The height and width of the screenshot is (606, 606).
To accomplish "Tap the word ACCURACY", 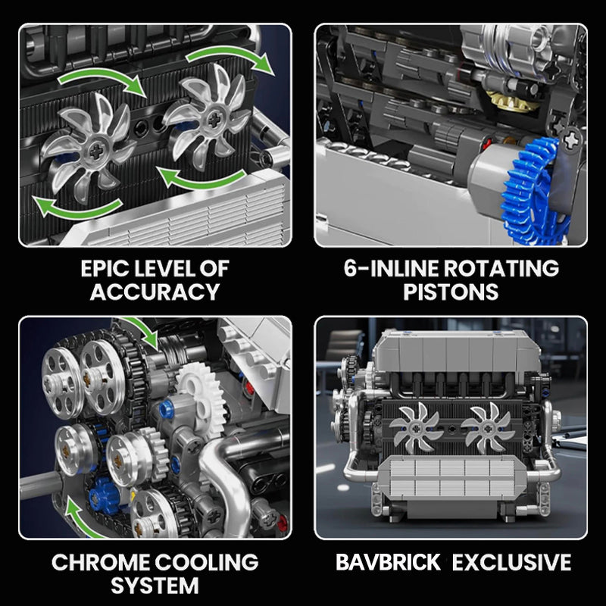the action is click(155, 292).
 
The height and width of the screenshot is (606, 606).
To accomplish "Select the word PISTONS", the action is click(451, 292).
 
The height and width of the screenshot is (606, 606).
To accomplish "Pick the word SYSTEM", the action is click(155, 586).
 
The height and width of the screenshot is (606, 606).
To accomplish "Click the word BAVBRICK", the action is click(388, 562).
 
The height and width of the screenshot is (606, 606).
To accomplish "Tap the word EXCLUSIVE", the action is click(512, 562).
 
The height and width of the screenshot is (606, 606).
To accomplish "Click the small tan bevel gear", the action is click(507, 101).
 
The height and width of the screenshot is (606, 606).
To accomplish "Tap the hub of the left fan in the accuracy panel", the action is click(95, 151).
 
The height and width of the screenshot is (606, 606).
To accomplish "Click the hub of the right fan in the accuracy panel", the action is click(214, 120).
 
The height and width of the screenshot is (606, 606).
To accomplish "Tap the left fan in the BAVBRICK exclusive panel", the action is click(416, 428).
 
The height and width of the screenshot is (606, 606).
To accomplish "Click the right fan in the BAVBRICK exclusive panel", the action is click(488, 428).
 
